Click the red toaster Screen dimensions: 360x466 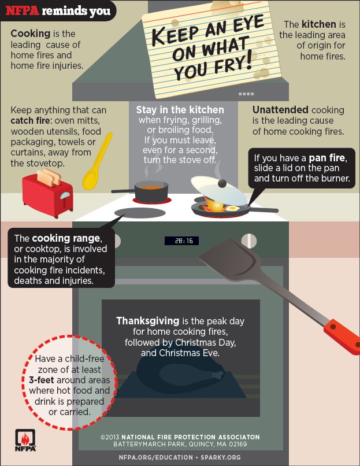tap(47, 195)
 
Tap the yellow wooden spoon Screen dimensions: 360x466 tap(97, 162)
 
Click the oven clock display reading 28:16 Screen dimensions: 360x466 tap(182, 241)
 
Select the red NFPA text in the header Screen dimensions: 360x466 tap(23, 11)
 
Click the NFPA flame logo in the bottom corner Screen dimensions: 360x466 tap(25, 440)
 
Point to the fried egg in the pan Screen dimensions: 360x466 tap(232, 208)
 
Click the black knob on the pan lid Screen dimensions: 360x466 tap(222, 183)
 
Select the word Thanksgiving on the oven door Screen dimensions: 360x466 tap(147, 321)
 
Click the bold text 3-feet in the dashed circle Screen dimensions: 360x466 tap(41, 380)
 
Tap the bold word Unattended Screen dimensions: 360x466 tap(280, 110)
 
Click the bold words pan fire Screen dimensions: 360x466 tap(327, 158)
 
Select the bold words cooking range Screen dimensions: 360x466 tap(66, 238)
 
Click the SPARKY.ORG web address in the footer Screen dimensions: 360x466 tap(221, 457)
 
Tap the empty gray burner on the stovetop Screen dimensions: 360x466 tap(140, 213)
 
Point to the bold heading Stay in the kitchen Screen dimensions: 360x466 tap(180, 110)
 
